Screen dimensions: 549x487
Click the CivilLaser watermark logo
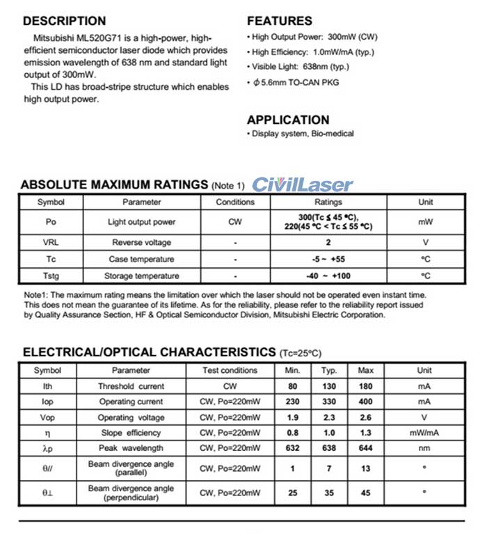point(302,185)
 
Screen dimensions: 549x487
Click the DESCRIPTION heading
point(65,21)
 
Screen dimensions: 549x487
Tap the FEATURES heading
point(280,21)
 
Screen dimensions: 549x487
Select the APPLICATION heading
point(288,120)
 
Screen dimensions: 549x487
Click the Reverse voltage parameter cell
point(141,243)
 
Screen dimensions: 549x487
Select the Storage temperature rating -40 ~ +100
point(328,276)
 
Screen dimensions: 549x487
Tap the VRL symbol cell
point(50,243)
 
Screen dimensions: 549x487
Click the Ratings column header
point(328,202)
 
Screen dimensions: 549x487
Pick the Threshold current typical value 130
point(329,386)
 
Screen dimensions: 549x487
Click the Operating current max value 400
point(365,401)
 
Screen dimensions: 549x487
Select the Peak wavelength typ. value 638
point(329,447)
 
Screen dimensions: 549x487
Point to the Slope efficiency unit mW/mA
point(424,432)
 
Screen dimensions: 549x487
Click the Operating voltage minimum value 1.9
point(292,417)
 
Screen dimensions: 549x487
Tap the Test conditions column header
point(230,370)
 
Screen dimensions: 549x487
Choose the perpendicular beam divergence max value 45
point(365,493)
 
